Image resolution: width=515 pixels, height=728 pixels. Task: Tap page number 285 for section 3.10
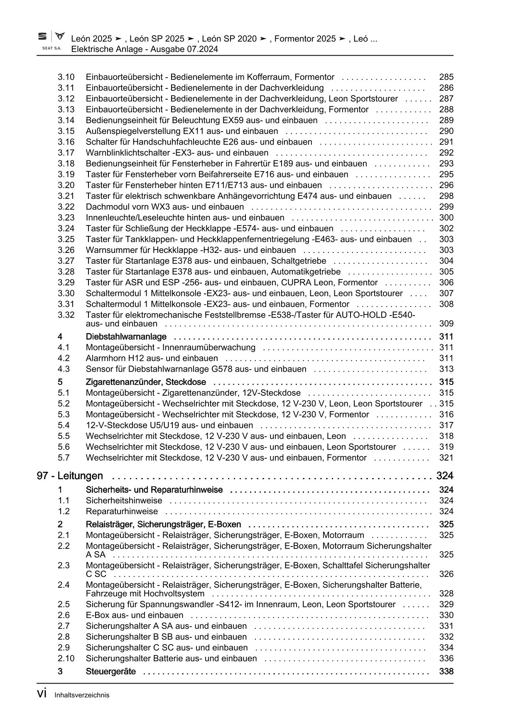pyautogui.click(x=446, y=77)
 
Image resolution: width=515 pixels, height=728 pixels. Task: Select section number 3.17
pyautogui.click(x=66, y=152)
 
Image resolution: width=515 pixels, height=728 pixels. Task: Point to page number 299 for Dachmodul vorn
pyautogui.click(x=446, y=207)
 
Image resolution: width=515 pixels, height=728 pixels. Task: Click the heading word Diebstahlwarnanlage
pyautogui.click(x=126, y=336)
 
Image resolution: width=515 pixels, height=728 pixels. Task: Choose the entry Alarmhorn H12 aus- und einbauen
pyautogui.click(x=152, y=358)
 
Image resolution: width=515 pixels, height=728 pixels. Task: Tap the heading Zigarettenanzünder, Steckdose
pyautogui.click(x=146, y=382)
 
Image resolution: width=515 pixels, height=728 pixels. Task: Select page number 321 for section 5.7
pyautogui.click(x=446, y=458)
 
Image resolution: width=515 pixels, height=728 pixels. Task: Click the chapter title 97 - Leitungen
pyautogui.click(x=70, y=476)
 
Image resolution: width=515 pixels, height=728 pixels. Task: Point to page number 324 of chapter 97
pyautogui.click(x=444, y=476)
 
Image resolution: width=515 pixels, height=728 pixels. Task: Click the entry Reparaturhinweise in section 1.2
pyautogui.click(x=122, y=511)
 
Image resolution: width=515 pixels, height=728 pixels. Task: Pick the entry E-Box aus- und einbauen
pyautogui.click(x=134, y=615)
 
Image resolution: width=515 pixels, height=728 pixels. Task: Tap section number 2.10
pyautogui.click(x=66, y=658)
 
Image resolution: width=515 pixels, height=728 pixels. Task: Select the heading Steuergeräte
pyautogui.click(x=110, y=672)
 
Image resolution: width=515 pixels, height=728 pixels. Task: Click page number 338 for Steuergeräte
pyautogui.click(x=446, y=672)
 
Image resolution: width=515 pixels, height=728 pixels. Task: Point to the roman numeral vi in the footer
pyautogui.click(x=42, y=694)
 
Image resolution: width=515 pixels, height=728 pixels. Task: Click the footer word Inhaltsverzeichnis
pyautogui.click(x=82, y=695)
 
